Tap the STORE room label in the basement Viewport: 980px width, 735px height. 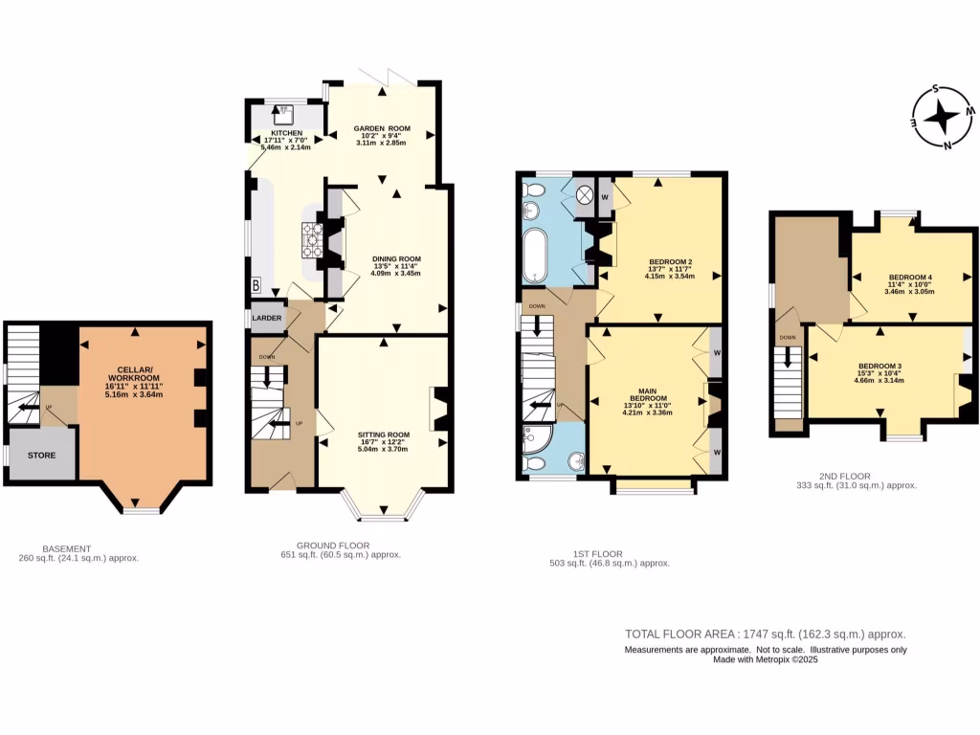point(39,455)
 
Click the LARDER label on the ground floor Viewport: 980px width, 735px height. point(267,319)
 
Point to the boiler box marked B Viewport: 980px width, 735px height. point(256,284)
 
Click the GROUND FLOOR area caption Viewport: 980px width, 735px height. point(340,548)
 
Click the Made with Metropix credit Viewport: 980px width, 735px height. point(765,660)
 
